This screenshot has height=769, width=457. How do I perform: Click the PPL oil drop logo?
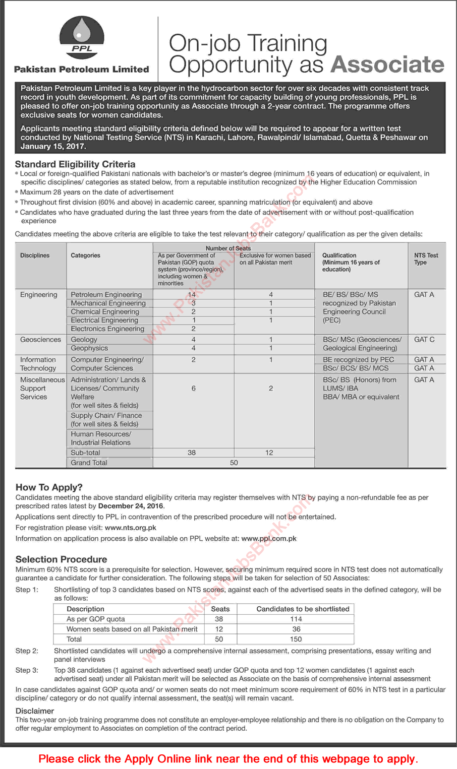pos(82,37)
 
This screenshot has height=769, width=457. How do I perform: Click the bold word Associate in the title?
pos(387,65)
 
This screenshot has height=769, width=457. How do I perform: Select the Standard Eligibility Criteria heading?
pos(75,164)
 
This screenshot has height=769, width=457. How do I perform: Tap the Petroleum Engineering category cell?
pos(106,294)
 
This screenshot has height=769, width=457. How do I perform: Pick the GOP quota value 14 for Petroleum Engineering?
pos(192,294)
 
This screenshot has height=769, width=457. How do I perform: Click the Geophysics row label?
pos(89,348)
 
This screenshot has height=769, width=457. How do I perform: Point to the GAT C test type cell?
pos(424,340)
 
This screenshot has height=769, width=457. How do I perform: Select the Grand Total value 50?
pos(234,463)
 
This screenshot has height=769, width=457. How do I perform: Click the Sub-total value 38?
pos(192,453)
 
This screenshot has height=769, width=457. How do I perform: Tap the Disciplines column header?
pos(35,255)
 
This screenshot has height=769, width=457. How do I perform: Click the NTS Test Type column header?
pos(426,259)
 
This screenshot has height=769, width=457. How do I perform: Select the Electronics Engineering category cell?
pos(107,329)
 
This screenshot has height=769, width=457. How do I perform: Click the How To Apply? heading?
pos(49,487)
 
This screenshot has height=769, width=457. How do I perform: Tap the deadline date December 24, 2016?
pos(131,506)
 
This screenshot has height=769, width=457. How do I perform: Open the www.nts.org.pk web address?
pos(131,528)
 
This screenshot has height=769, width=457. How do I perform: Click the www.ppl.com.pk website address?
pos(269,538)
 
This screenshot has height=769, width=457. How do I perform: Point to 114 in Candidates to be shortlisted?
pos(296,619)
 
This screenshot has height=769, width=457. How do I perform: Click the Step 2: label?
pos(27,651)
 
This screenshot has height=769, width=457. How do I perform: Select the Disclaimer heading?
pos(35,711)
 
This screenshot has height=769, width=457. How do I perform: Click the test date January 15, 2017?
pos(53,146)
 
